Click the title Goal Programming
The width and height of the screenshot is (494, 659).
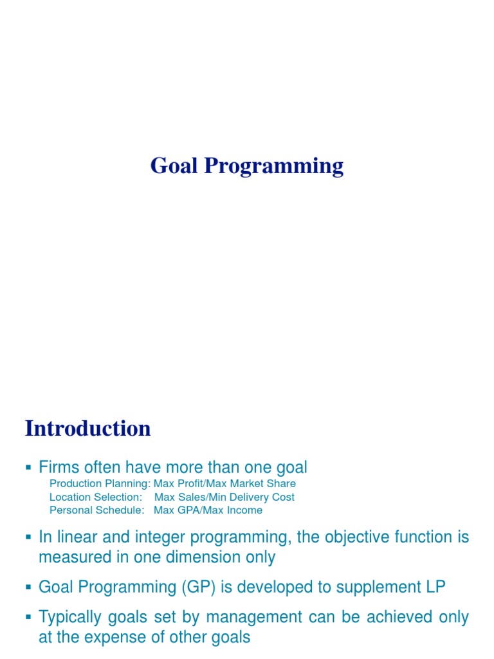pos(247,166)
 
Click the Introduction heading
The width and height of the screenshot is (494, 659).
pos(88,429)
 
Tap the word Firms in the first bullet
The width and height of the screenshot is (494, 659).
pos(59,467)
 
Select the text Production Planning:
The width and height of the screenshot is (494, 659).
pos(100,483)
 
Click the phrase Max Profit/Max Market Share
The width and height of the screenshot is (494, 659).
pos(224,483)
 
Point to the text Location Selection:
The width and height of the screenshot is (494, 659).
pos(95,497)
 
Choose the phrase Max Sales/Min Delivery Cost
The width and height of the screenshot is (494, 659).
pos(224,497)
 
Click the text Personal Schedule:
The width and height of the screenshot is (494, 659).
pos(97,510)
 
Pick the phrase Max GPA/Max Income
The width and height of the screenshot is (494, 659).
pos(208,510)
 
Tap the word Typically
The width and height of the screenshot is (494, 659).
pos(68,617)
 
